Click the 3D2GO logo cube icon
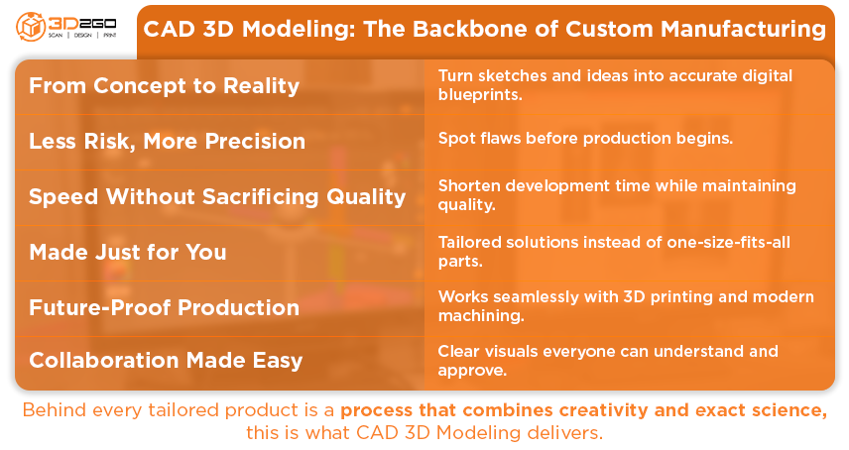(31, 26)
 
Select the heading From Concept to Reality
(164, 85)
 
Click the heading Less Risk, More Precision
(168, 141)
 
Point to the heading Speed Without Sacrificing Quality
(217, 197)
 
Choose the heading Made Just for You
(128, 252)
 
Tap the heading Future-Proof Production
(164, 307)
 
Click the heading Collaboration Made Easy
(166, 361)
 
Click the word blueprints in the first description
(480, 94)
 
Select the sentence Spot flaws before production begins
(585, 139)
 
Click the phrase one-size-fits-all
(728, 242)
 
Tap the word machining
(481, 315)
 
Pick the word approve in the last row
(472, 371)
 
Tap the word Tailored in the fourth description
(469, 242)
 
